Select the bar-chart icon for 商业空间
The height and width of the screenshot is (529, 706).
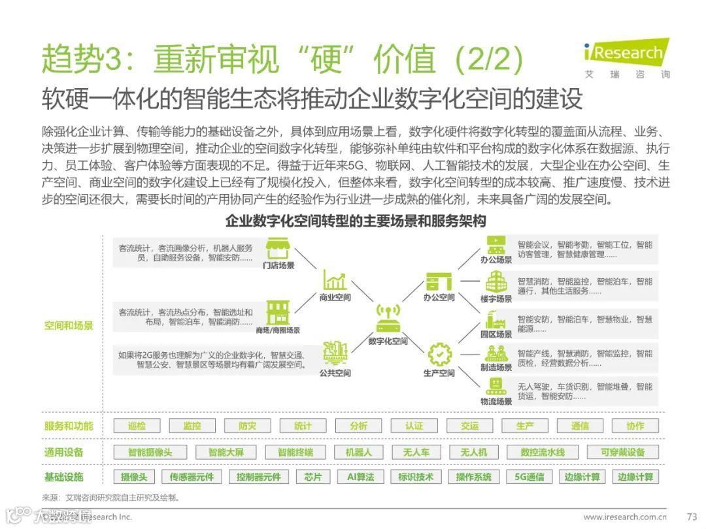coord(335,280)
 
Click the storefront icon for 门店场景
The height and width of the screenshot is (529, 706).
coord(278,249)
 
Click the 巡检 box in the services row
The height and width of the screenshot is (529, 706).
coord(137,426)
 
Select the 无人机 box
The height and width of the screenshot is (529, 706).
coord(473,452)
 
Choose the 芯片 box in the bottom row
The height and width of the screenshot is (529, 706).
coord(313,477)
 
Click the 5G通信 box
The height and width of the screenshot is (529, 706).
coord(529,477)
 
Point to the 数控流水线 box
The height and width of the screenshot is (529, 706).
coord(543,452)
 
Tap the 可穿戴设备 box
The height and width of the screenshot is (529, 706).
coord(622,452)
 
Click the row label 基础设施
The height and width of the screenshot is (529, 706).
coord(64,477)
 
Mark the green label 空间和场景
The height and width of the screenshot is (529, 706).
coord(69,325)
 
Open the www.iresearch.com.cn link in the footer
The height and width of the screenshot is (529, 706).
coord(630,517)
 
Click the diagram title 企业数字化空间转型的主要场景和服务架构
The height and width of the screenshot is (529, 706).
coord(356,221)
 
